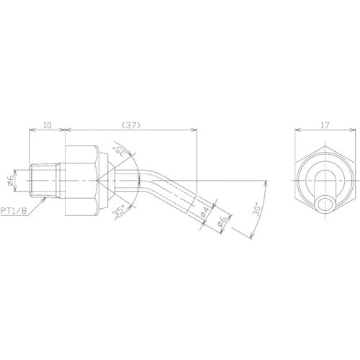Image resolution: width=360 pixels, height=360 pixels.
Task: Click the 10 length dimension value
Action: point(48,125)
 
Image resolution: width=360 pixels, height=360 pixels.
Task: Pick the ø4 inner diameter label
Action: point(205,212)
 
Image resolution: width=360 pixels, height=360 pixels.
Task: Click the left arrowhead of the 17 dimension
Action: point(297,131)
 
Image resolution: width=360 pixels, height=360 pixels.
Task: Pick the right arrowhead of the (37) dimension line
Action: point(197,131)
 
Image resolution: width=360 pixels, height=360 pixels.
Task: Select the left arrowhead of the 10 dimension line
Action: point(30,131)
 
